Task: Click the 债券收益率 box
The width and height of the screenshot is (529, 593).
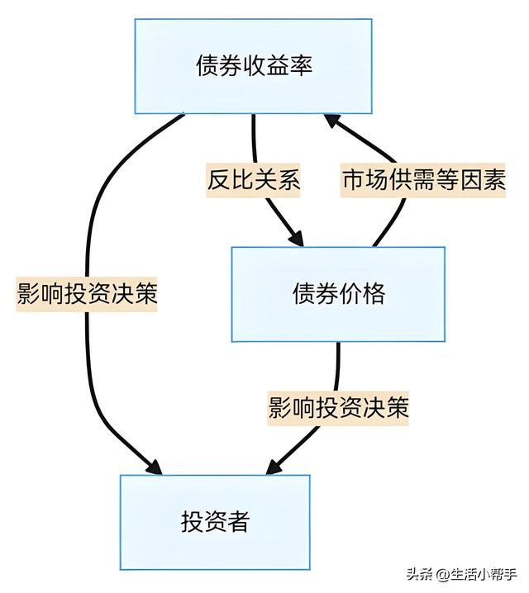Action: click(254, 65)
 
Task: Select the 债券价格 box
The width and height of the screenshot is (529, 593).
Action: click(338, 294)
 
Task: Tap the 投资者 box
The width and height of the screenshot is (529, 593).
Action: click(215, 522)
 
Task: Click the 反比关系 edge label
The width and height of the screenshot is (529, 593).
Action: click(253, 180)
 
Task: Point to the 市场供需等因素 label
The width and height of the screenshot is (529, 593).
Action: click(423, 180)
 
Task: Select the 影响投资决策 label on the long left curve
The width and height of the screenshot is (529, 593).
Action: click(87, 294)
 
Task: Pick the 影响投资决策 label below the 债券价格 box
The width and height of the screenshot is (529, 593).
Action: click(339, 408)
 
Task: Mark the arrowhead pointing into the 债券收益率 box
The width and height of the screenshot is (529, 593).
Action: click(331, 121)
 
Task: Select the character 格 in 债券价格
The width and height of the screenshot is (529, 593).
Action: click(374, 294)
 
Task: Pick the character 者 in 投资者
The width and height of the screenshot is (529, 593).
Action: click(238, 522)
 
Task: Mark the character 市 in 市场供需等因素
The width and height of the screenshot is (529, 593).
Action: click(353, 180)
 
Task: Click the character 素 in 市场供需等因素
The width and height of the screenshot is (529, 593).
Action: click(494, 180)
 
